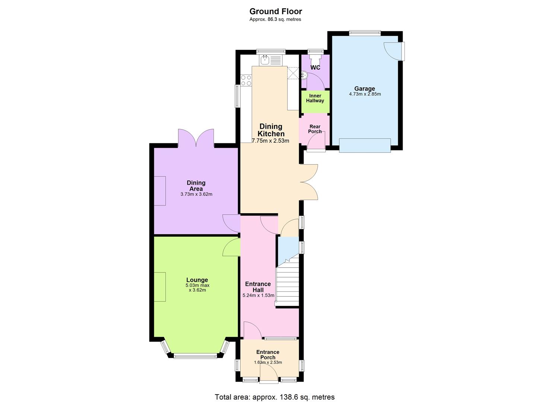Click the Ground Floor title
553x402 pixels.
(276, 11)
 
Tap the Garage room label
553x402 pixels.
(365, 89)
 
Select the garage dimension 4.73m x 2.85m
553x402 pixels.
(365, 94)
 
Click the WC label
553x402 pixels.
(315, 68)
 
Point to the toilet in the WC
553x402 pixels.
(315, 58)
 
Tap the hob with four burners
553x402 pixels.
(246, 80)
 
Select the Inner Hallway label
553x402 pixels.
(315, 98)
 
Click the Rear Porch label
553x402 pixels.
(315, 129)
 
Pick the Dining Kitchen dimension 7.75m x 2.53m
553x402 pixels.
(271, 141)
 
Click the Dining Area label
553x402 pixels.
(196, 185)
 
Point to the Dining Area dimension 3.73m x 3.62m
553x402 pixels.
(196, 194)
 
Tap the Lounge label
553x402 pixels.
(197, 280)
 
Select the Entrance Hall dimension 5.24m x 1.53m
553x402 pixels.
(258, 296)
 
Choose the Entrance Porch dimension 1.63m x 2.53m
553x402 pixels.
(268, 363)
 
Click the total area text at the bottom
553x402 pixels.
(274, 397)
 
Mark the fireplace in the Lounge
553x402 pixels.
(160, 287)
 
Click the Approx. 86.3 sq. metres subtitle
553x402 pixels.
(275, 19)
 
